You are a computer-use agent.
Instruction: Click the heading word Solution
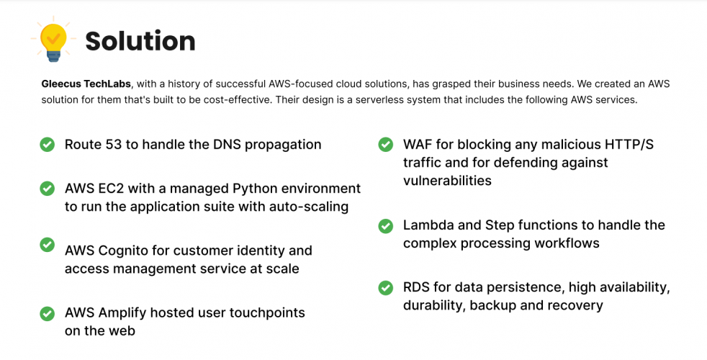[140, 41]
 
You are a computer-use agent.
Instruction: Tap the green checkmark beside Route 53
[47, 145]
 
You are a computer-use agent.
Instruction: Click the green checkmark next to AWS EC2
[47, 189]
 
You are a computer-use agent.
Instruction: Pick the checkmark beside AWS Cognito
[47, 245]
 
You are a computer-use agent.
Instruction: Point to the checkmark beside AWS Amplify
[47, 313]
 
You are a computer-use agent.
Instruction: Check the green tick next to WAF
[386, 145]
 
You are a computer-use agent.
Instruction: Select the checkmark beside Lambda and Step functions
[386, 225]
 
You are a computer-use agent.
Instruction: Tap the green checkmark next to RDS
[386, 288]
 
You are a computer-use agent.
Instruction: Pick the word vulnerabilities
[447, 181]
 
